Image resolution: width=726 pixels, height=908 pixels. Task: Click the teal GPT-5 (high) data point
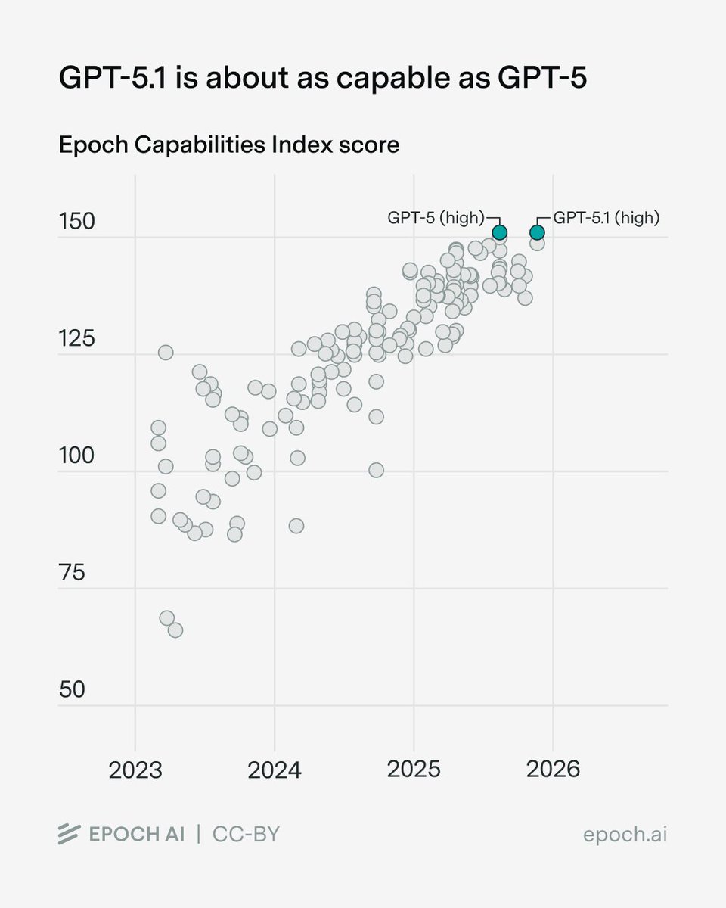499,232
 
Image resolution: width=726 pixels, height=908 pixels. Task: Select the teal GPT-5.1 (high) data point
537,232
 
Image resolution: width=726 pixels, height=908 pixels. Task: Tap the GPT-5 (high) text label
435,218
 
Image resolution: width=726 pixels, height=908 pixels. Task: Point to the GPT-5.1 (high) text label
607,218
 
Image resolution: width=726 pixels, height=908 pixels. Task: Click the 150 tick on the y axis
77,222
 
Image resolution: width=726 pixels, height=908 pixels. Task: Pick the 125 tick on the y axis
77,339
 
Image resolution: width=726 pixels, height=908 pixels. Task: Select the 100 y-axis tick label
77,456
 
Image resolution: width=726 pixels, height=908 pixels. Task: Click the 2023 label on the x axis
135,770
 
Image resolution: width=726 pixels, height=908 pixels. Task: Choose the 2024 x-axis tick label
275,770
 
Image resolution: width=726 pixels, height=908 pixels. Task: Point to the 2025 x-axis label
414,770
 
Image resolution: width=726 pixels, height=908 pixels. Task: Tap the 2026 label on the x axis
553,770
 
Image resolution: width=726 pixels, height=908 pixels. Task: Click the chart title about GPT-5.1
322,79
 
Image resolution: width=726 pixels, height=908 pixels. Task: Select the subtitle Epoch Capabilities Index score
229,145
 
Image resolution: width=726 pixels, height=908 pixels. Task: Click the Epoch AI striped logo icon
70,835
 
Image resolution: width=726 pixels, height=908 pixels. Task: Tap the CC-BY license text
246,835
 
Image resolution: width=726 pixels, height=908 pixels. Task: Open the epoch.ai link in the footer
625,835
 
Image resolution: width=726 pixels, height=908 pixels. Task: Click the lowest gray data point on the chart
175,630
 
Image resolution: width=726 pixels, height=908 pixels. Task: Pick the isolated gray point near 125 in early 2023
166,352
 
